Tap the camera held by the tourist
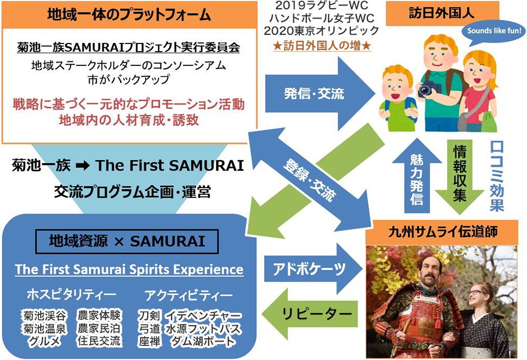tap(428, 88)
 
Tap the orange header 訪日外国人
tap(442, 14)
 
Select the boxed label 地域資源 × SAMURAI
tap(127, 241)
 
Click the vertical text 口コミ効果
tap(497, 176)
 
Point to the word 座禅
tap(149, 342)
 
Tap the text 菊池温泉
tap(44, 328)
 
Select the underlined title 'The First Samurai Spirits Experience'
tap(129, 270)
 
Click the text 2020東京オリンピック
tap(321, 30)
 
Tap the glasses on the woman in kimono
tap(476, 293)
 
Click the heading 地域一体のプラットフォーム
tap(129, 15)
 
